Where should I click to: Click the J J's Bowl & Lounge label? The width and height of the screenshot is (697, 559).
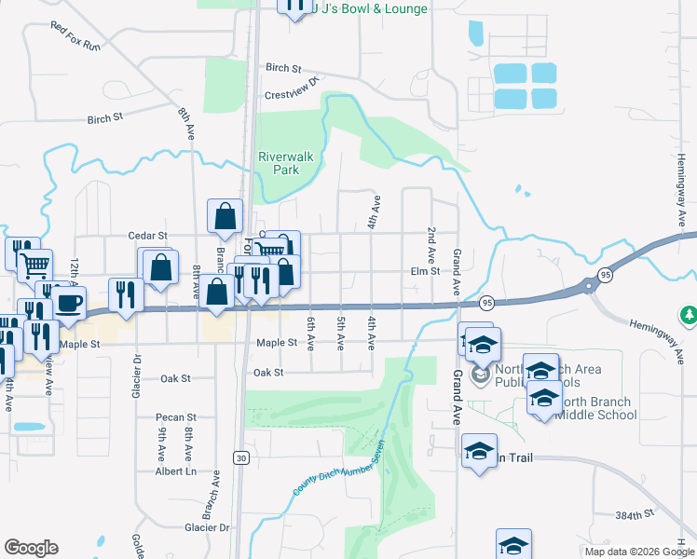369,9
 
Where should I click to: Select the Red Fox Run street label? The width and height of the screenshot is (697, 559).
75,37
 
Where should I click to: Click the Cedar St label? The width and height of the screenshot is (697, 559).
148,237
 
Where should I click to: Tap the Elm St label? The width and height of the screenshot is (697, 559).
425,272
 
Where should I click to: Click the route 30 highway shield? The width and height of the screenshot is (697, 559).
241,457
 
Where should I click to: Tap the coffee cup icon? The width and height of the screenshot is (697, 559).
69,302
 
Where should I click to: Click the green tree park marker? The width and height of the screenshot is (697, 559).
690,316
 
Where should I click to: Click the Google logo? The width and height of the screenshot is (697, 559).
32,548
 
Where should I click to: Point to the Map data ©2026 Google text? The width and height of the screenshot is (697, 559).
638,552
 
